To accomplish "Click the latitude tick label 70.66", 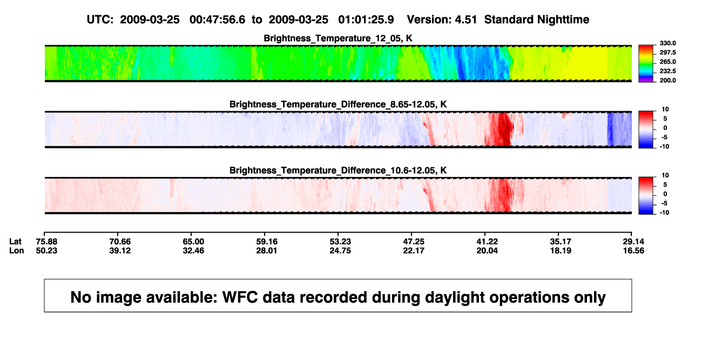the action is pos(120,242).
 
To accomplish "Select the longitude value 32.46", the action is pos(193,250).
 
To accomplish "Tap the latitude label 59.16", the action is pos(267,242).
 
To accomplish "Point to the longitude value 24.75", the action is pos(340,250).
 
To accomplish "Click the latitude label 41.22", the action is pos(487,242).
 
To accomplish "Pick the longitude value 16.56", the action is pos(633,250).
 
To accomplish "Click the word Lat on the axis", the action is pos(15,242).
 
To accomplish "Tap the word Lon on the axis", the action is pos(16,250).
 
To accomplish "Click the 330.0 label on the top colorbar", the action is pos(667,43).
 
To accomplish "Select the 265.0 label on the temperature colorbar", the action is pos(667,62).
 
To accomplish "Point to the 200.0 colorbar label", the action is pos(667,80).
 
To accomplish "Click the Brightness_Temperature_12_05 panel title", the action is pos(338,38).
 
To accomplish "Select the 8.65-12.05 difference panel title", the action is pos(338,104).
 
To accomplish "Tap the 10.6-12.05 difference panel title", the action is pos(338,171).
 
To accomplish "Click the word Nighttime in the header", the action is pos(563,20).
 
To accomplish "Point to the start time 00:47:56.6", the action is pos(217,19).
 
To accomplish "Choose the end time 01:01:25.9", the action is pos(366,19).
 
